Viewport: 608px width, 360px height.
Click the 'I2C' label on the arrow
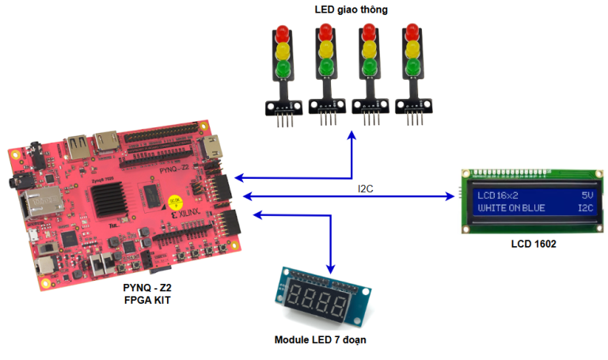click(x=365, y=188)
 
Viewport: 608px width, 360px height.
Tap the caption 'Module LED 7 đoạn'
click(x=320, y=339)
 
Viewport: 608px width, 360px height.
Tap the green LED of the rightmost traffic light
click(x=411, y=70)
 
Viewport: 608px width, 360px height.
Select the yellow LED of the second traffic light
click(x=325, y=53)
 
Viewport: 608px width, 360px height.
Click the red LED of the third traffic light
click(x=368, y=34)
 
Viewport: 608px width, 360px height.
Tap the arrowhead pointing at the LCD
click(x=456, y=195)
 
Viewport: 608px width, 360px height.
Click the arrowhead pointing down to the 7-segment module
click(x=331, y=261)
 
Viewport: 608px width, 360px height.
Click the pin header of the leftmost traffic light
click(x=283, y=119)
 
